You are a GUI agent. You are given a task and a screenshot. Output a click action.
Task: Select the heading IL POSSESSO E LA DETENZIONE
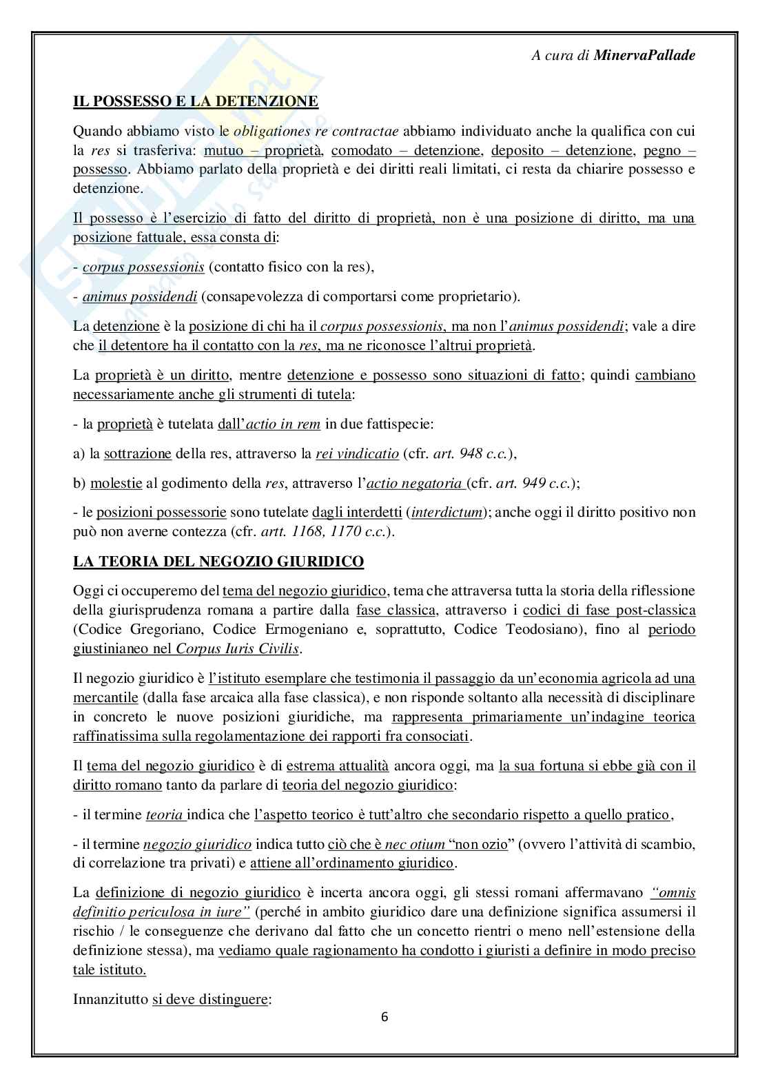pyautogui.click(x=196, y=101)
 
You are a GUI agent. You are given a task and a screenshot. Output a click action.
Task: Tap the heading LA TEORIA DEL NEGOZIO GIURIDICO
pyautogui.click(x=218, y=562)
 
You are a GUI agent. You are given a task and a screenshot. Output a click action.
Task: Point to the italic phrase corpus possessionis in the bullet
pyautogui.click(x=143, y=267)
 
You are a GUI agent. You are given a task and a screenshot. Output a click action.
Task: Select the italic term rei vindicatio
pyautogui.click(x=357, y=453)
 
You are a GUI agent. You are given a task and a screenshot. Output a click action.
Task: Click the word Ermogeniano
pyautogui.click(x=295, y=629)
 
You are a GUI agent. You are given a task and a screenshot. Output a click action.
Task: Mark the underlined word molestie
pyautogui.click(x=116, y=483)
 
